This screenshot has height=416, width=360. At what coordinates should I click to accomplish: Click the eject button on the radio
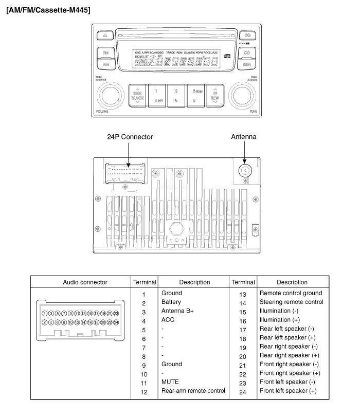(x=105, y=35)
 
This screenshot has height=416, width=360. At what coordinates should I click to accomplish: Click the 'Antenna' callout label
(x=244, y=137)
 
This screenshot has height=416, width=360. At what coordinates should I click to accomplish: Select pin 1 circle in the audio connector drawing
(x=45, y=313)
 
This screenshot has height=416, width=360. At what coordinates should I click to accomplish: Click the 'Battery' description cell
(x=171, y=302)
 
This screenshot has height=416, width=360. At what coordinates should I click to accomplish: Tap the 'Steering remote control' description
(x=292, y=302)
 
